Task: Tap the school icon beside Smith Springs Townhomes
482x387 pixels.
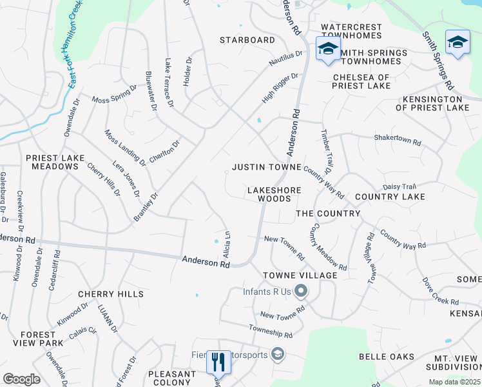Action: [x=328, y=49]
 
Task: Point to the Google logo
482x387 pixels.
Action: [x=21, y=379]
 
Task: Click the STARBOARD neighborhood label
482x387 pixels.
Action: [x=247, y=40]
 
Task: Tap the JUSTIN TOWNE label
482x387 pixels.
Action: [x=267, y=167]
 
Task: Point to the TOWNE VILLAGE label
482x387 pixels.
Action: [x=300, y=275]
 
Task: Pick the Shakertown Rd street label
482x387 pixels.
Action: [x=398, y=139]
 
